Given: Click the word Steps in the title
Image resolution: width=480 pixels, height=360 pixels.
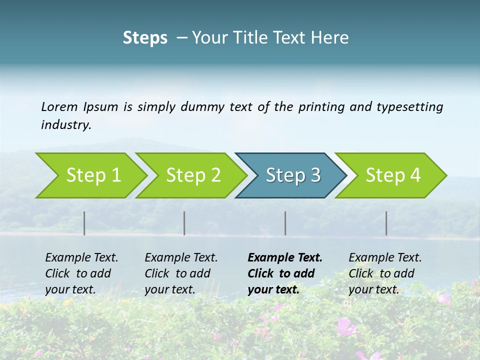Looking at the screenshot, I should [x=145, y=38].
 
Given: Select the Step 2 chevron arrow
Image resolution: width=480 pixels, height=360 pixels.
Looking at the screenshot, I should [x=192, y=175].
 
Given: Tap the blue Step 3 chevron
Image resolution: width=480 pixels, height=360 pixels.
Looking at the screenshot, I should [x=292, y=175].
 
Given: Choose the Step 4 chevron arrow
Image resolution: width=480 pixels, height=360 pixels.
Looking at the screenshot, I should [x=392, y=175].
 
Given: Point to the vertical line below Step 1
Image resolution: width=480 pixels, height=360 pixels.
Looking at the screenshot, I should [x=84, y=223].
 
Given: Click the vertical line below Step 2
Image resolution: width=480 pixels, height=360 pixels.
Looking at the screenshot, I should [x=184, y=223].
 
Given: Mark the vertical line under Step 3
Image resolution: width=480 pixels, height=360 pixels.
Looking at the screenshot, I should [x=285, y=223].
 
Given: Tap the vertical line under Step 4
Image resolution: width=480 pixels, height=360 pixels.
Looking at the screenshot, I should [x=386, y=223].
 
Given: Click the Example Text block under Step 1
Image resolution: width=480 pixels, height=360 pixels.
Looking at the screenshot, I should [x=81, y=273].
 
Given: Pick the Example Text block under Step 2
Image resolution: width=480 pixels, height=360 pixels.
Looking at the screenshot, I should [x=181, y=273].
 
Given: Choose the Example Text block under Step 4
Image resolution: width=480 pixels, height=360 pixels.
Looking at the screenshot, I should [x=385, y=273].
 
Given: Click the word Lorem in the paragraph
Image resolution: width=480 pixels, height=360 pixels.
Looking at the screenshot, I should [x=59, y=107].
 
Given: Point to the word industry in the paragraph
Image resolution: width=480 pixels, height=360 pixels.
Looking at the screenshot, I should [x=66, y=125].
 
